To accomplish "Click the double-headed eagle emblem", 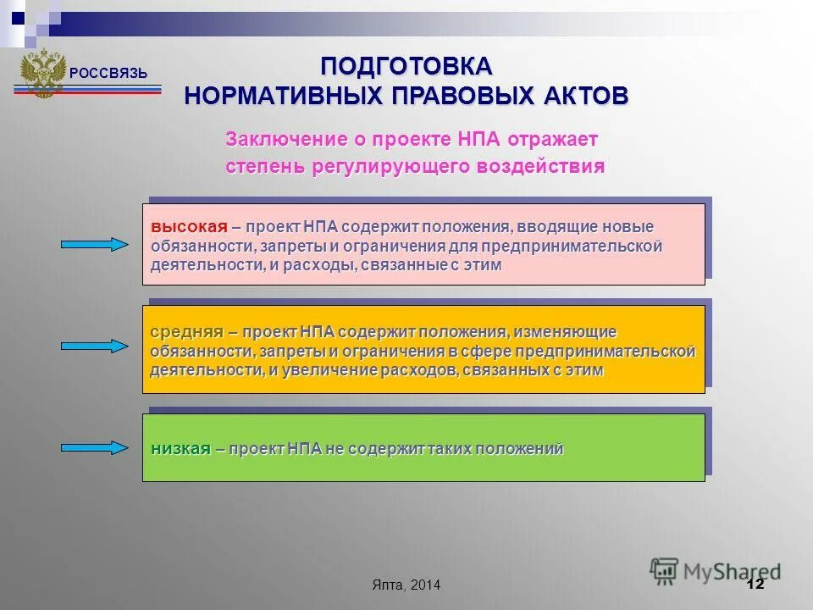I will (42, 73).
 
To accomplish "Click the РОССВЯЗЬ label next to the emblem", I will (108, 74).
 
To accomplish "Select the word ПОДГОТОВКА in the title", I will (406, 66).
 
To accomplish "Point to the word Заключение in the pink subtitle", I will (286, 139).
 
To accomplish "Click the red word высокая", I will (189, 227).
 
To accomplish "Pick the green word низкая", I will (180, 449).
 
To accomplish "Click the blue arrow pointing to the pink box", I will (94, 245).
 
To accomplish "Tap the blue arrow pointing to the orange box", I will (94, 346).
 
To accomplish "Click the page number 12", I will (755, 585).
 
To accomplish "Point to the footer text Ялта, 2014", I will (406, 585).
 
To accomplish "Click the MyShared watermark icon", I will (665, 570).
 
